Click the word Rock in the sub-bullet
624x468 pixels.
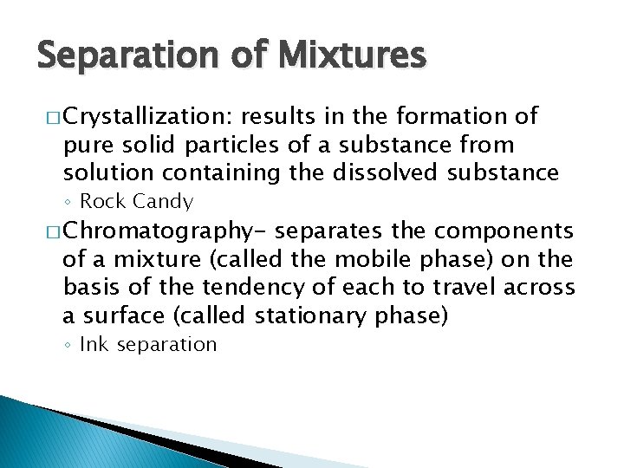[102, 202]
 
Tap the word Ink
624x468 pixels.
[94, 345]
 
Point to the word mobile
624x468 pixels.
[372, 259]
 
